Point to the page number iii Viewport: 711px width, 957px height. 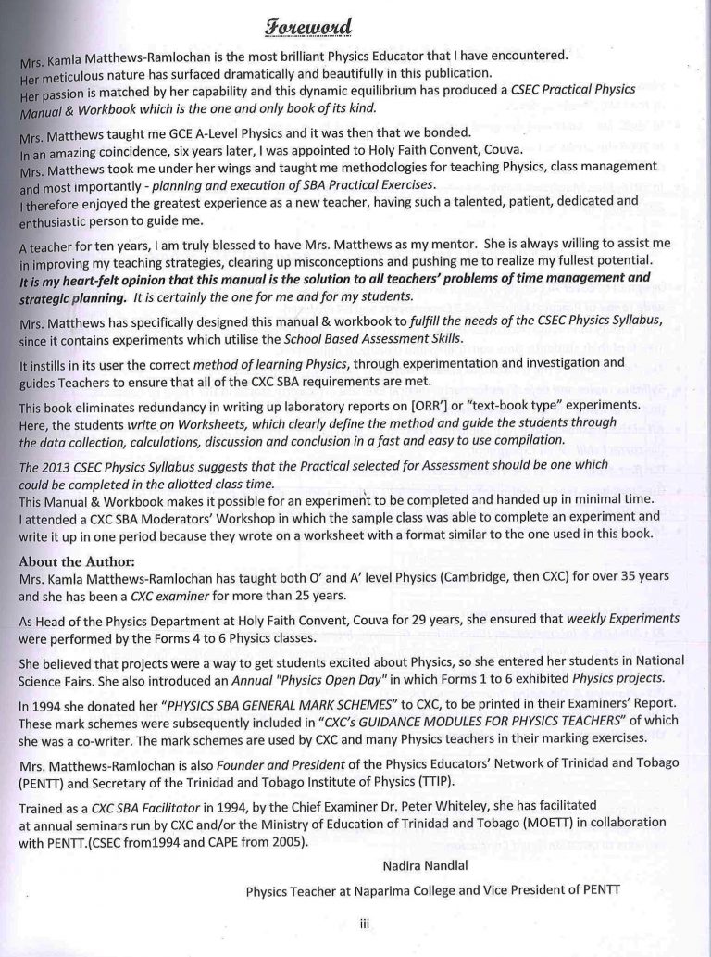coord(365,922)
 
